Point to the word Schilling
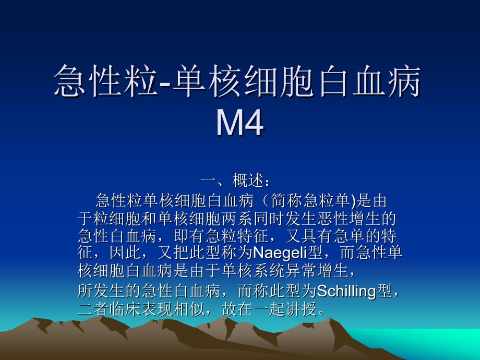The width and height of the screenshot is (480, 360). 346,291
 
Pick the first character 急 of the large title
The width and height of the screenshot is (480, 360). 70,81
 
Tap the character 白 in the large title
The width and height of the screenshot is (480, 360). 333,81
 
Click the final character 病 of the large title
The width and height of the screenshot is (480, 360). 404,81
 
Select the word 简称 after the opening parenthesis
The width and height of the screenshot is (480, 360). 286,201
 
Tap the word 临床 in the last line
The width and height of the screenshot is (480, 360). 125,309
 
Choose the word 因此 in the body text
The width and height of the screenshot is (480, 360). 125,253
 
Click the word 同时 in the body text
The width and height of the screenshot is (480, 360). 269,219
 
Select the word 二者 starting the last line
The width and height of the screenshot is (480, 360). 93,309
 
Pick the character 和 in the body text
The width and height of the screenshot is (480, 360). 149,219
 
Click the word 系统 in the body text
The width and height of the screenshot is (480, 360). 269,271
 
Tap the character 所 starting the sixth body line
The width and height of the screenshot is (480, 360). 86,291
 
